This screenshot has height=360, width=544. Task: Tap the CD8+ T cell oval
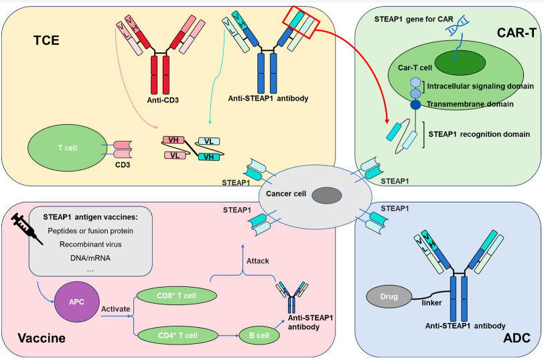(x=176, y=296)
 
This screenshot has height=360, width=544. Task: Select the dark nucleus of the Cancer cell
(x=327, y=195)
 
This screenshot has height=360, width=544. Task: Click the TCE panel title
(x=46, y=41)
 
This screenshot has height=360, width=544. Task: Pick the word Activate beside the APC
(x=116, y=309)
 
